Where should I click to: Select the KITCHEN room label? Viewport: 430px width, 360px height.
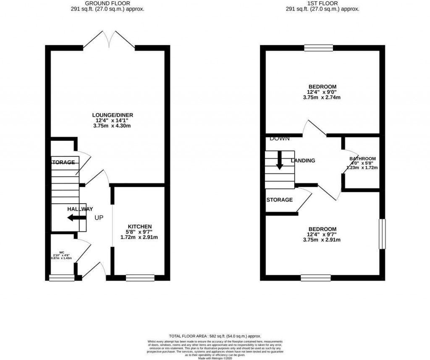(140, 226)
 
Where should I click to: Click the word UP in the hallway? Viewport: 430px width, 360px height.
(99, 218)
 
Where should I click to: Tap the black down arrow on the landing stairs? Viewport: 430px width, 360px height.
(279, 162)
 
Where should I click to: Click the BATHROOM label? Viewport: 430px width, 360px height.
(362, 159)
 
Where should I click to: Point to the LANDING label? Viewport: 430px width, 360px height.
(303, 160)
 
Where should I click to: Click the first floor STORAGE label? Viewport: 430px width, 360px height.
(279, 200)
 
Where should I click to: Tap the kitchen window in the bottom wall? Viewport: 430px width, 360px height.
(140, 277)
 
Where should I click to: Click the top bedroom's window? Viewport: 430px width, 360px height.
(318, 47)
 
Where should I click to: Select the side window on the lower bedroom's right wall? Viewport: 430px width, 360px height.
(381, 234)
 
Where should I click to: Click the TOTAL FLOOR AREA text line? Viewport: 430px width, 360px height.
(215, 336)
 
